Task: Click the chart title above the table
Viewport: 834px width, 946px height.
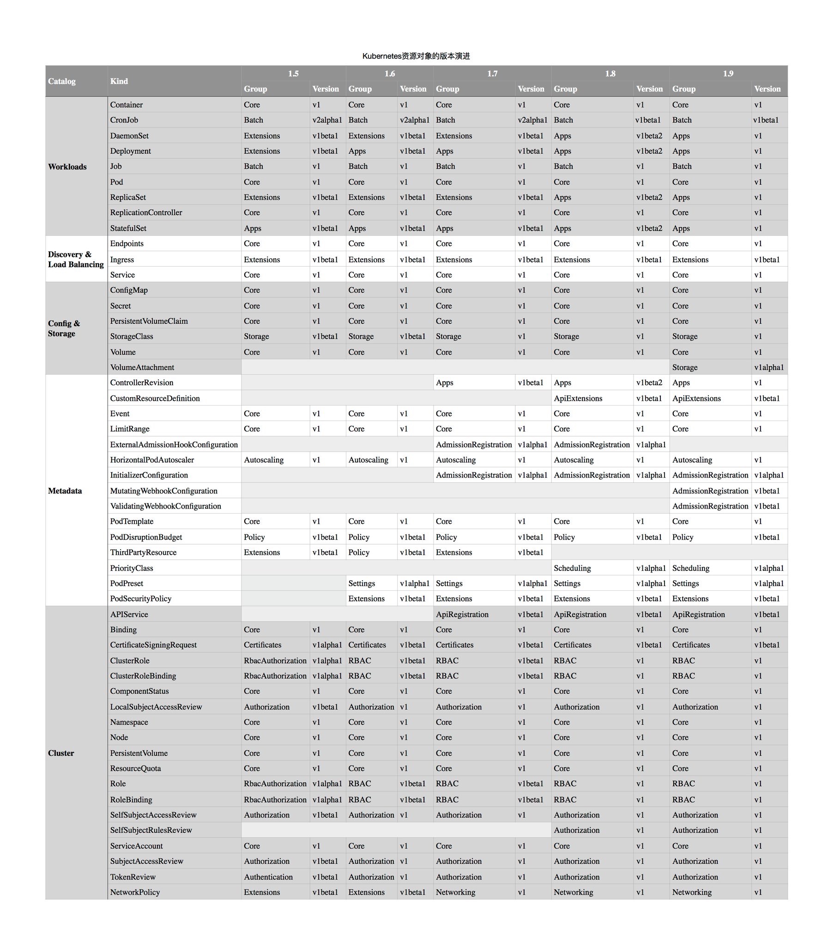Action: [x=416, y=56]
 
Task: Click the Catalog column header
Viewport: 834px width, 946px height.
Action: [x=61, y=81]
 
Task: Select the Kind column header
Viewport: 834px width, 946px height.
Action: [x=119, y=81]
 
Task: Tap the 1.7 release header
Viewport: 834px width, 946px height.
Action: [x=492, y=73]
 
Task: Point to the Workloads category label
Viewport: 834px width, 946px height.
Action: [x=67, y=167]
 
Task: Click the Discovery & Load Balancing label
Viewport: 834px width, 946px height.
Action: [x=76, y=259]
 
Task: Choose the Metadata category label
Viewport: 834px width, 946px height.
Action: [x=65, y=491]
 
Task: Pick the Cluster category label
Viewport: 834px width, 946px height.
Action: [x=61, y=753]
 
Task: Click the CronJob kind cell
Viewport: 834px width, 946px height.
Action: [x=124, y=120]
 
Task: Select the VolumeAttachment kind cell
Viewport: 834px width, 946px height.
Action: [x=142, y=367]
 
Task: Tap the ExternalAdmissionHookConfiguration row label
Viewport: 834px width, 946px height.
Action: [x=174, y=444]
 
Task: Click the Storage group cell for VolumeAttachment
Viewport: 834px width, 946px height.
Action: [x=684, y=367]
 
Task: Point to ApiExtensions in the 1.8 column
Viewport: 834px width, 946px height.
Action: [x=578, y=398]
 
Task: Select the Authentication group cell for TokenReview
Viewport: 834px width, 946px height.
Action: [x=268, y=877]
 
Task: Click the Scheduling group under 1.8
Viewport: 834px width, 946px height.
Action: [x=572, y=568]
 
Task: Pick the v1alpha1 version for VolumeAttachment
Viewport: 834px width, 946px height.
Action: [x=769, y=367]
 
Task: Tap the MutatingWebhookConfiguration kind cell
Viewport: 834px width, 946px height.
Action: [x=164, y=491]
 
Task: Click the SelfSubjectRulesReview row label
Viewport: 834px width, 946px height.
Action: [x=151, y=830]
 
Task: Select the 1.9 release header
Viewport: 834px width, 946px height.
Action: [x=728, y=73]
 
